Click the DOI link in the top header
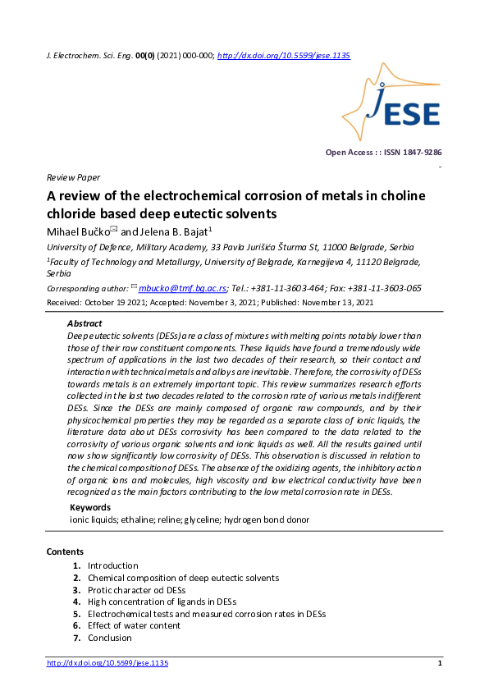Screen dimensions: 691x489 tap(284, 55)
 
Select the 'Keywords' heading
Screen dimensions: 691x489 tap(90, 507)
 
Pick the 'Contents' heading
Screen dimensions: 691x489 tap(65, 551)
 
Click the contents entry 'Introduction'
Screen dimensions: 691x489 tap(112, 565)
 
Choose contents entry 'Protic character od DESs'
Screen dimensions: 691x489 tap(136, 589)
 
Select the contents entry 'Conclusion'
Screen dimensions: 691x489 tap(109, 638)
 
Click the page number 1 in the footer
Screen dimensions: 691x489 tap(440, 663)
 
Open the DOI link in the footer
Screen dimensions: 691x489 tap(107, 663)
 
